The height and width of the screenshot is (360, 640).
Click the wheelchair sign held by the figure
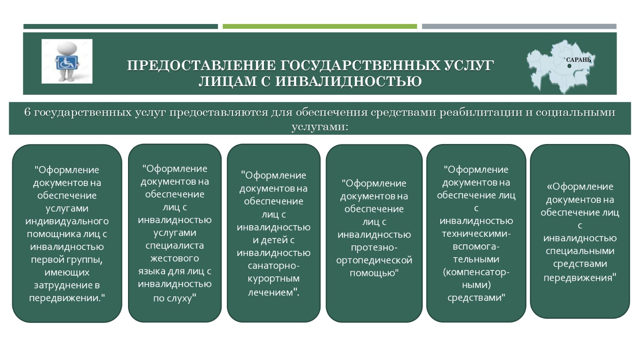click(x=66, y=63)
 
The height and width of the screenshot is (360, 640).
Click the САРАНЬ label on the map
click(x=578, y=60)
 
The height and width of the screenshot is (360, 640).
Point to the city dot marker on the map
click(x=570, y=66)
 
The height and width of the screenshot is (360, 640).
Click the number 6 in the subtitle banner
click(x=28, y=112)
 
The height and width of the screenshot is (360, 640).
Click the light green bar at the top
click(x=320, y=26)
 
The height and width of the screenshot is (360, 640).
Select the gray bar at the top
click(x=519, y=26)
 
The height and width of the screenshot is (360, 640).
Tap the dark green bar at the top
click(x=120, y=26)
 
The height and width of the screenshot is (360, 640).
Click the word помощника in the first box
click(x=54, y=234)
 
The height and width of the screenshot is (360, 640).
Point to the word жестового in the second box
click(x=174, y=258)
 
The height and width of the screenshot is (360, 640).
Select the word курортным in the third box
click(x=274, y=278)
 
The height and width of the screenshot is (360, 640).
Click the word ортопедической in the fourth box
click(x=374, y=260)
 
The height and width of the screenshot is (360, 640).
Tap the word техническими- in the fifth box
click(x=476, y=234)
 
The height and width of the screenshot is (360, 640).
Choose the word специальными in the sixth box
click(x=580, y=251)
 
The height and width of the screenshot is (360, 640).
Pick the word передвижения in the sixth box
click(x=578, y=278)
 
